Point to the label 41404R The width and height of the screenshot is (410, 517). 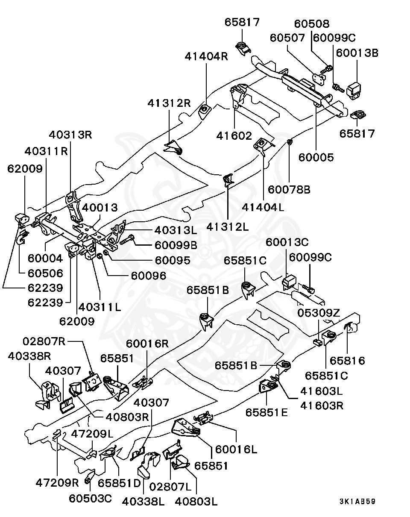(x=207, y=56)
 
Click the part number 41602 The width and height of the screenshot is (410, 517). (x=234, y=135)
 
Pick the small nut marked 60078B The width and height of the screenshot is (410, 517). (x=290, y=141)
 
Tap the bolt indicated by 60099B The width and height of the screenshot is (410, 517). (x=127, y=241)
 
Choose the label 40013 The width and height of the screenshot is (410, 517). (x=100, y=208)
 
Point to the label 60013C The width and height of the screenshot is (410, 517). (x=287, y=242)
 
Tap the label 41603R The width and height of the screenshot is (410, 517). (x=322, y=405)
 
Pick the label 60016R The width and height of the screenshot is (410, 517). (x=147, y=344)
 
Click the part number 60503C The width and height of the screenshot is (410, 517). (x=91, y=499)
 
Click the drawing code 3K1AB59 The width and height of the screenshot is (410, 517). (x=357, y=501)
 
